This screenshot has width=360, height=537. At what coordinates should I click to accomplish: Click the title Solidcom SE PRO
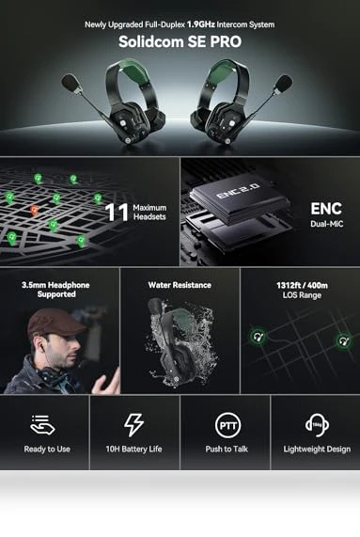(180, 41)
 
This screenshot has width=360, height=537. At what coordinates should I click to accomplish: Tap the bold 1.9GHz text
(201, 24)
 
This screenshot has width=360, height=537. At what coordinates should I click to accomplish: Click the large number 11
(117, 213)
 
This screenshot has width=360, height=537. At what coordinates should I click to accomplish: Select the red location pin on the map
(34, 211)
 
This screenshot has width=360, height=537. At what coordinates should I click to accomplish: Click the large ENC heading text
(326, 209)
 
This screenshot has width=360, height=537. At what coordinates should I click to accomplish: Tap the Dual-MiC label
(326, 224)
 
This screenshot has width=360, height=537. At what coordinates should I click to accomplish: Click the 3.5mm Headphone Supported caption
(55, 290)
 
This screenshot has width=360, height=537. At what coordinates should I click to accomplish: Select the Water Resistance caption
(180, 285)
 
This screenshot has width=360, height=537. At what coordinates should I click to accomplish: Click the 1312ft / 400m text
(302, 285)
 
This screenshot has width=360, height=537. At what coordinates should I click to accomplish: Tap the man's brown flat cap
(55, 323)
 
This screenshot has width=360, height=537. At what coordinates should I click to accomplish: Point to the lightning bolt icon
(133, 425)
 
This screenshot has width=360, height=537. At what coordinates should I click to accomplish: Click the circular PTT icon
(227, 425)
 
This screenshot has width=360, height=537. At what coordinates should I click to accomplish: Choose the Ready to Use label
(47, 449)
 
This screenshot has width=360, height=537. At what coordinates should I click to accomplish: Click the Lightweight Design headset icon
(317, 425)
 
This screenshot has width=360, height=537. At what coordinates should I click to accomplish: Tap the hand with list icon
(42, 425)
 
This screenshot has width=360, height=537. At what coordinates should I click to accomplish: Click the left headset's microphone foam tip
(70, 83)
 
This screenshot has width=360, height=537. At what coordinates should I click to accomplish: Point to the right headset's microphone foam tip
(283, 84)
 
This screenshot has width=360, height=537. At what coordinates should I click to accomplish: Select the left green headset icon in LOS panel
(258, 337)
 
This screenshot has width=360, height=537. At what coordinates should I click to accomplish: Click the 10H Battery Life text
(133, 449)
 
